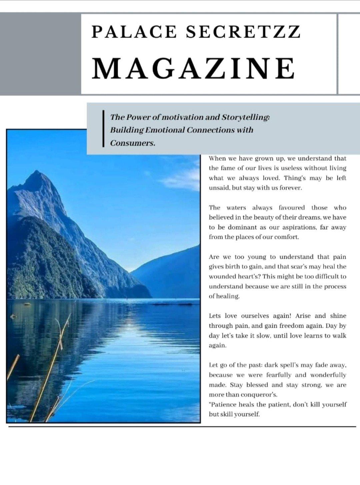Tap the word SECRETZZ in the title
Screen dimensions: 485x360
coord(243,32)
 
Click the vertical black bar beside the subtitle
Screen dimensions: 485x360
coord(103,129)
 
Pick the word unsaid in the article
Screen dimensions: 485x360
coord(219,188)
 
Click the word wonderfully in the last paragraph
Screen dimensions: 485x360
coord(329,375)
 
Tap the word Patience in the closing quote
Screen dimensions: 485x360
coord(223,405)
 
